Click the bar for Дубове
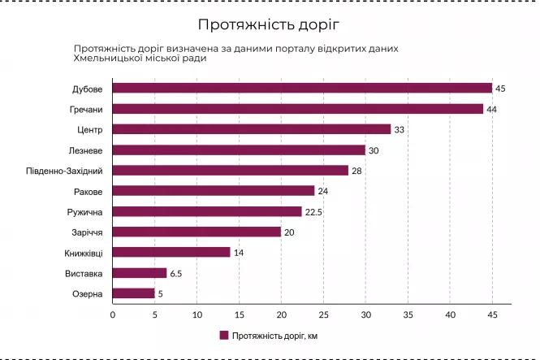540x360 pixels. click(x=302, y=88)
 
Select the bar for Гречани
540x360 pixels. click(x=298, y=109)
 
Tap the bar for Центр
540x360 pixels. click(x=252, y=129)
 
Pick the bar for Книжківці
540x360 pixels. click(x=171, y=252)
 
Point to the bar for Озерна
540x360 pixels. click(x=133, y=293)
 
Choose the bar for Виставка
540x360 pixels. click(x=140, y=273)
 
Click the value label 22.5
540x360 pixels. click(x=314, y=211)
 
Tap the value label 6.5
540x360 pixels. click(x=175, y=273)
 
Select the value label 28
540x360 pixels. click(x=357, y=171)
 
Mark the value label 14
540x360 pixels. click(x=239, y=252)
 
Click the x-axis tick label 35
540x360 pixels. click(x=408, y=314)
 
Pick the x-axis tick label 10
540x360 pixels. click(x=197, y=314)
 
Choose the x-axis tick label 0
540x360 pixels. click(x=113, y=314)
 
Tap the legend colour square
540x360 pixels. click(x=223, y=335)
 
